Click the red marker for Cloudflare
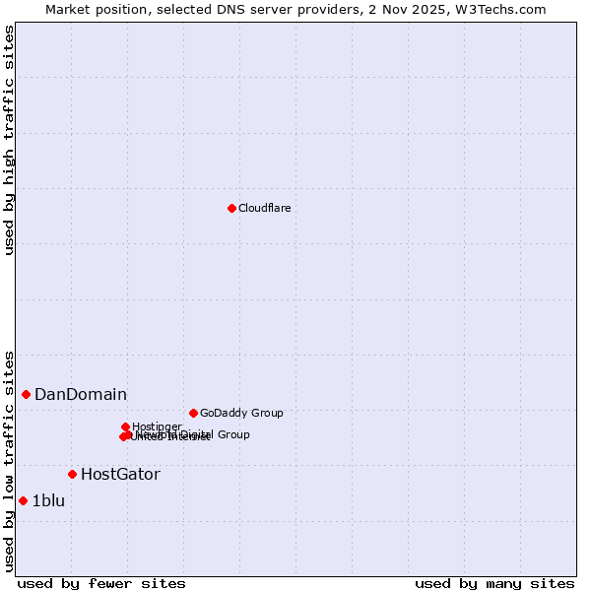click(x=231, y=208)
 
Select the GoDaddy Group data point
click(x=193, y=413)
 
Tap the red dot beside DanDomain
click(x=26, y=394)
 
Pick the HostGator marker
click(x=72, y=474)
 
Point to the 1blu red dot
click(x=23, y=500)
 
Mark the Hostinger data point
click(x=126, y=427)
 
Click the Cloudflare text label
click(x=264, y=208)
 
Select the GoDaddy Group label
click(x=241, y=413)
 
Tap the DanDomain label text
click(x=81, y=394)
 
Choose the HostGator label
click(x=120, y=474)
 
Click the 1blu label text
click(x=48, y=500)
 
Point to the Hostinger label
click(x=157, y=427)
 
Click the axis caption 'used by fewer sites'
click(x=101, y=583)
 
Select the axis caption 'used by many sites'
click(x=494, y=583)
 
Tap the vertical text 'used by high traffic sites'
click(x=9, y=140)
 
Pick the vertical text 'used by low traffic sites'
click(x=9, y=460)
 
